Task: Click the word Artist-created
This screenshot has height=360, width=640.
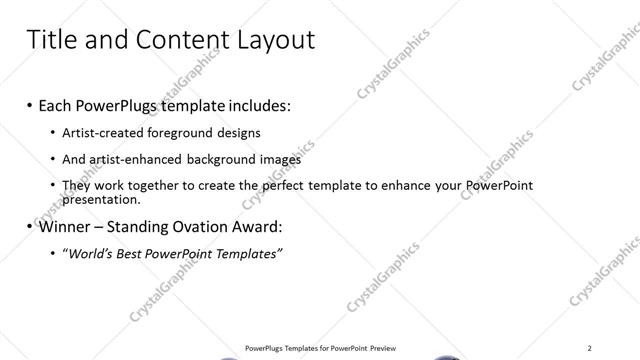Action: tap(102, 132)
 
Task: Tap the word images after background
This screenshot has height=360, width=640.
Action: tap(278, 159)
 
